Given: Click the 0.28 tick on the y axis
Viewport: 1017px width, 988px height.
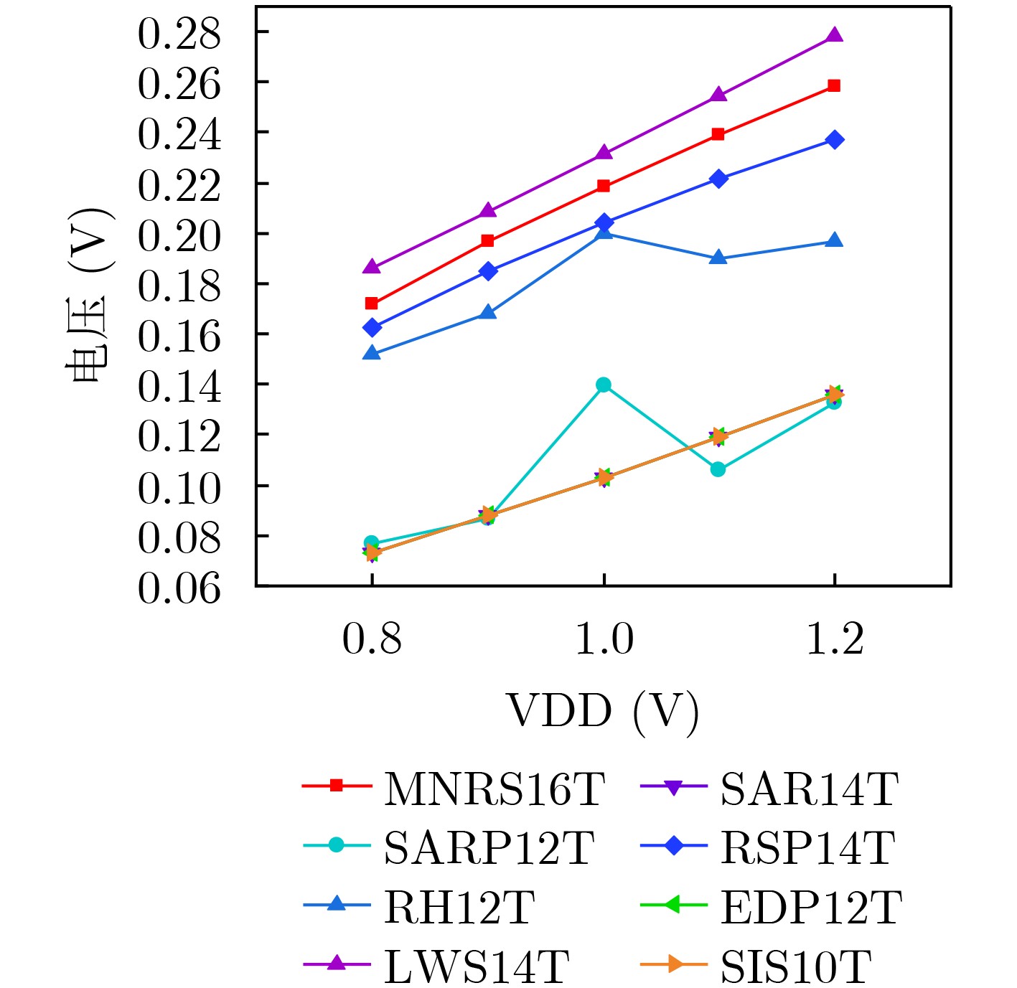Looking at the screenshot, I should coord(179,33).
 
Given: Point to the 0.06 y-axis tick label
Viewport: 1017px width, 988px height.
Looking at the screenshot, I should coord(179,588).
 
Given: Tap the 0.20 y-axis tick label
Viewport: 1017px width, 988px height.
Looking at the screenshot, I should coord(179,235).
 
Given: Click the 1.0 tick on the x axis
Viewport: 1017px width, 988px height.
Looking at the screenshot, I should coord(604,639).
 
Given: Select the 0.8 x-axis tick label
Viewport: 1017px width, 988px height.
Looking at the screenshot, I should coord(372,639).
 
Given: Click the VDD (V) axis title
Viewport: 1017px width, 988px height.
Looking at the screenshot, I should coord(603,712).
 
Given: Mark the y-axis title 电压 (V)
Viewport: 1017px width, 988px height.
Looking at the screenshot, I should coord(90,296).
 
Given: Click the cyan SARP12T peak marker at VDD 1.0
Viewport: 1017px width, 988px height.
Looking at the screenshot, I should coord(604,385).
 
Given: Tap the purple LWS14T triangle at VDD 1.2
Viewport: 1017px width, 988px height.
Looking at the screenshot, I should coord(834,35).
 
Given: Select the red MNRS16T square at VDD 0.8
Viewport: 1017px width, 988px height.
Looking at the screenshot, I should coord(372,304).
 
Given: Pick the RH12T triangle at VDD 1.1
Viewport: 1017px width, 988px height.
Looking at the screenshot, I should coord(718,258).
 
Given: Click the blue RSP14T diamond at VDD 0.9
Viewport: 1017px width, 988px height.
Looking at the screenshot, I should coord(488,271).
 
